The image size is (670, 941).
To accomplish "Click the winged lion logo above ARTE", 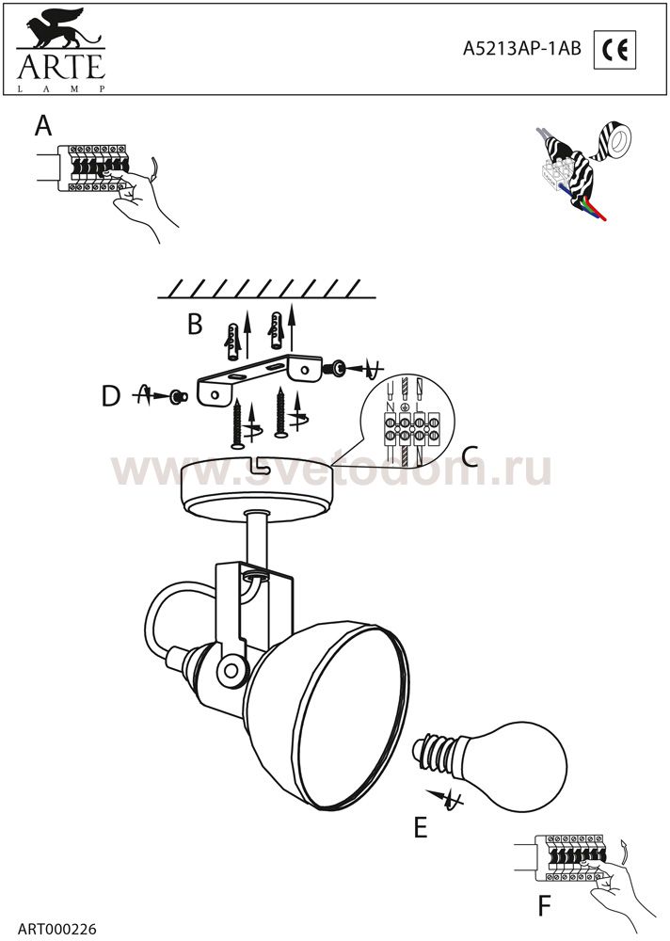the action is pos(60,29).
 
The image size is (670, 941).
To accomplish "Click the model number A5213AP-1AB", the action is pos(521,49).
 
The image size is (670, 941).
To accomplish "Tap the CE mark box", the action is pos(614,49).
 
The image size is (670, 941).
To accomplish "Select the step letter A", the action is pos(43,126).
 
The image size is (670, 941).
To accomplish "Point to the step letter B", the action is pos(195,324).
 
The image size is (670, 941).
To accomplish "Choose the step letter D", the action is pos(111,396).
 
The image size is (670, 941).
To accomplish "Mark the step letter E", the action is pos(421,827).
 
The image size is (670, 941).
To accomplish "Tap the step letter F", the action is pos(544,906).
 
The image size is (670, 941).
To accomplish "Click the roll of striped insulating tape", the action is pos(613,136).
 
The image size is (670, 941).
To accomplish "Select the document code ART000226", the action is pos(57,930).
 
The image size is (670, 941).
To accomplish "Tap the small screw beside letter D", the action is pos(178,396).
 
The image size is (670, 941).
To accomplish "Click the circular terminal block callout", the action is pos(408,417).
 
